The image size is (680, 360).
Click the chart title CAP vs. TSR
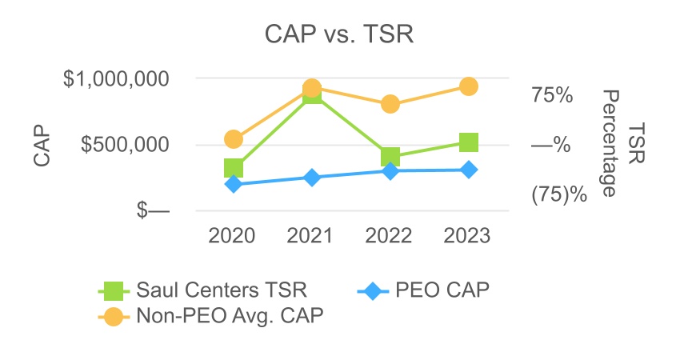(339, 36)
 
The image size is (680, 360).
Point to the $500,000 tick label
(127, 145)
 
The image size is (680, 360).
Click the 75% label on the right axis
(552, 95)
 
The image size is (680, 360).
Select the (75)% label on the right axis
(559, 194)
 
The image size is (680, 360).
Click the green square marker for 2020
(234, 168)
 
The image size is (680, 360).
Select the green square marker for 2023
(469, 142)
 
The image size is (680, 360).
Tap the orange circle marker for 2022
(390, 104)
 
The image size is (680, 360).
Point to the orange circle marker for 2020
(234, 139)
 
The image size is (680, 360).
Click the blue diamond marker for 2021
(312, 178)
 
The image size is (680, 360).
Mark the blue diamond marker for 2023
(469, 170)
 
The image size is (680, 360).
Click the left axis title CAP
(42, 145)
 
